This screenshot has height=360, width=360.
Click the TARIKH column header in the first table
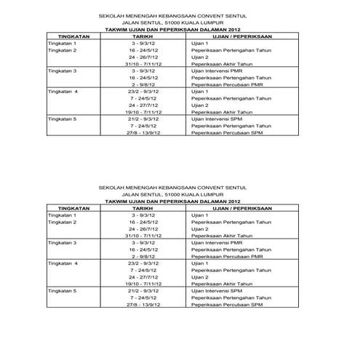pyautogui.click(x=143, y=36)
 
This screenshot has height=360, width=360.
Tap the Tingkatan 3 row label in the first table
pyautogui.click(x=62, y=71)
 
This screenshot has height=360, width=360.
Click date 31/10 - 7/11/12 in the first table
pyautogui.click(x=143, y=63)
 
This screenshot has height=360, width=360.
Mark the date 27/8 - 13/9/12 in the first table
pyautogui.click(x=143, y=132)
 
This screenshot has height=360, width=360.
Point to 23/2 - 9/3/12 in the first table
pyautogui.click(x=143, y=91)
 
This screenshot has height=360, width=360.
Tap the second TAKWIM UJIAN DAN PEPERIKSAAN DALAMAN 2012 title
pyautogui.click(x=172, y=201)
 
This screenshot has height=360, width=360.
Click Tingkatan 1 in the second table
pyautogui.click(x=62, y=215)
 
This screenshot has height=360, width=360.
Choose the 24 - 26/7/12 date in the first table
pyautogui.click(x=143, y=57)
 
